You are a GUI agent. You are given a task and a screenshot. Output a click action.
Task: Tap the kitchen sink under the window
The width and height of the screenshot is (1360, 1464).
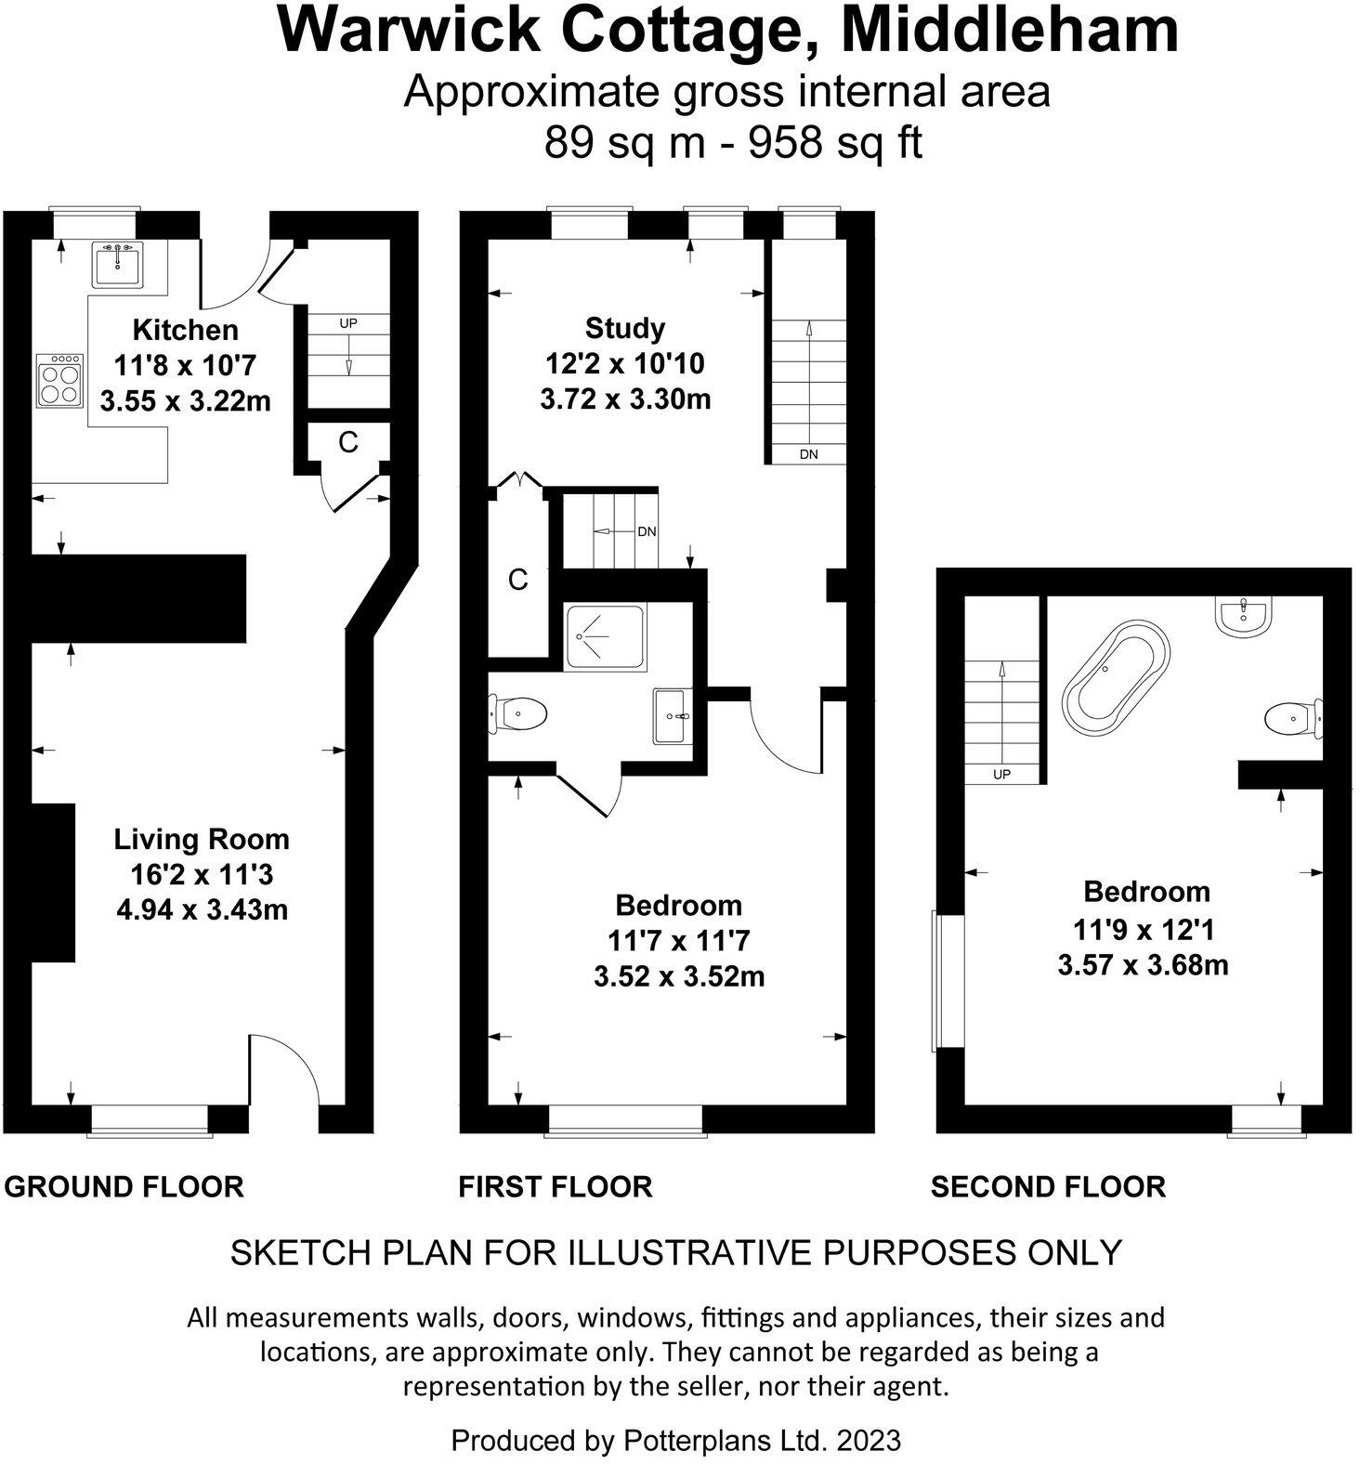tap(118, 264)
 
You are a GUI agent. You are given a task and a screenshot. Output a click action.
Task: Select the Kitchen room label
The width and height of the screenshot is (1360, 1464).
tap(186, 330)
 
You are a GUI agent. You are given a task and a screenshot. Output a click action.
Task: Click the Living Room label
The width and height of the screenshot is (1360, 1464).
tap(202, 840)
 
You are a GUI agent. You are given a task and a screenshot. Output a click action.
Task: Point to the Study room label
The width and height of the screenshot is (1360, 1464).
tap(625, 328)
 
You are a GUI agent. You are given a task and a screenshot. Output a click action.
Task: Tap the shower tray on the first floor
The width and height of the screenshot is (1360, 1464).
tap(606, 637)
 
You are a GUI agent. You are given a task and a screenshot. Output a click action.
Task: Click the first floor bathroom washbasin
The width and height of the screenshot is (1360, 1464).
tap(672, 716)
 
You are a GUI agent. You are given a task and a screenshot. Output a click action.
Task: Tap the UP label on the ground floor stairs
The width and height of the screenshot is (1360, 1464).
tap(348, 323)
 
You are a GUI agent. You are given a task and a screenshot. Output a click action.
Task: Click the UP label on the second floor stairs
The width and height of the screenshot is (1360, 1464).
tap(1001, 774)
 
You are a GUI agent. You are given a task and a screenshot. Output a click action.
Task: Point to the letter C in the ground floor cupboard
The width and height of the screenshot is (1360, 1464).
tap(348, 443)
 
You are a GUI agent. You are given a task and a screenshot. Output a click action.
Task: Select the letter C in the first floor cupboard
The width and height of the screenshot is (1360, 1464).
tap(517, 581)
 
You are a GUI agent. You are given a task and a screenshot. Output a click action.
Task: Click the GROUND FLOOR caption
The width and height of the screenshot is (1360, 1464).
tap(124, 1186)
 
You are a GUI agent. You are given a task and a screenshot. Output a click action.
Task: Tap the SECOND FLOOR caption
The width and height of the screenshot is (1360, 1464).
tap(1048, 1186)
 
